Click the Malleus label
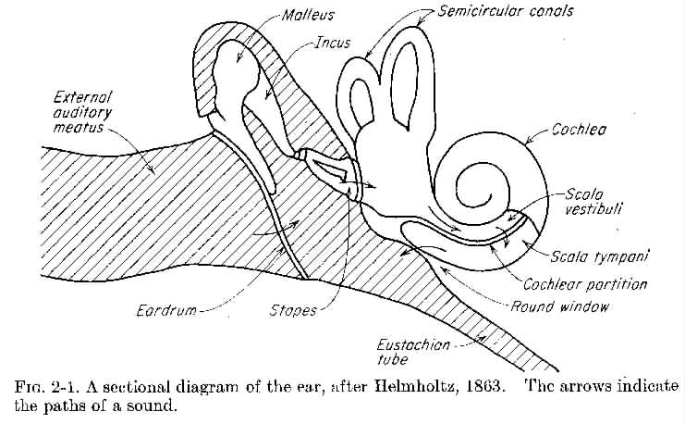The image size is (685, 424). pos(308,15)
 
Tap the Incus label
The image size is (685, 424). pos(333,43)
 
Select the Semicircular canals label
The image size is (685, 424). pos(506,11)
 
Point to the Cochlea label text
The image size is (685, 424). pos(579,130)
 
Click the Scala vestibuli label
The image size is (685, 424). pos(592,201)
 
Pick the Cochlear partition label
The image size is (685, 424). pos(585,284)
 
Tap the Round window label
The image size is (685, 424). pos(559,306)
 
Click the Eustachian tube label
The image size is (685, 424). pos(413,352)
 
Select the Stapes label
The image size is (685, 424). pos(293,311)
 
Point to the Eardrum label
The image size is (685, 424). pos(166,311)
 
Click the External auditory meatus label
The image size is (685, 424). pos(82,112)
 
